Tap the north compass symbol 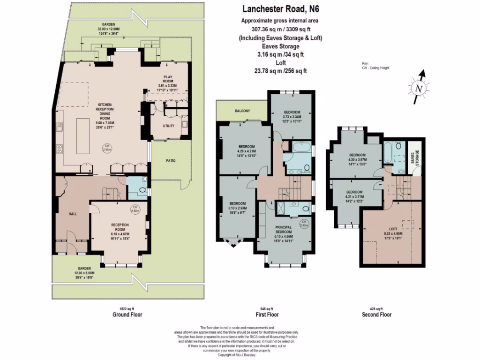pyautogui.click(x=419, y=88)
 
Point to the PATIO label pyautogui.click(x=171, y=161)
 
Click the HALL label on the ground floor pyautogui.click(x=73, y=214)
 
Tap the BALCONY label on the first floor pyautogui.click(x=242, y=111)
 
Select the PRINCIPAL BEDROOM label pyautogui.click(x=285, y=230)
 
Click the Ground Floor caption pyautogui.click(x=127, y=315)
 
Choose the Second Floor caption pyautogui.click(x=376, y=315)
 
